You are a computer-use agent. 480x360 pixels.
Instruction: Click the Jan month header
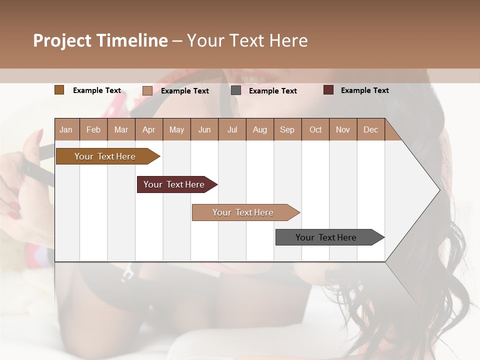66,129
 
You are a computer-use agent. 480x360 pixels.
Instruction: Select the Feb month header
93,129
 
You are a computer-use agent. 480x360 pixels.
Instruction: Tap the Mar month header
121,129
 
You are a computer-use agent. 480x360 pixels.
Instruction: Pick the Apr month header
149,129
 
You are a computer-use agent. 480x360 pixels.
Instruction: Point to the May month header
176,129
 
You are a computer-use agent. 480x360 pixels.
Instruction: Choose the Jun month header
204,129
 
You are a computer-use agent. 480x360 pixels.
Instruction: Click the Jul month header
232,129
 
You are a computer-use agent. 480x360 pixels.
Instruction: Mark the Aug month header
260,129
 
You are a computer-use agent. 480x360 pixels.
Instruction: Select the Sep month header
287,129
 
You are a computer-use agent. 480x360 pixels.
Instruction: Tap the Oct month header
315,129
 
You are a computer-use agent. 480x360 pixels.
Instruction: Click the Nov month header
343,129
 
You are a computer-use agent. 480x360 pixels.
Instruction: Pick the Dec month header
370,129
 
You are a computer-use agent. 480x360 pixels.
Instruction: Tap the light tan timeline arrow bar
243,212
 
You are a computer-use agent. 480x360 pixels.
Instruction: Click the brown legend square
59,90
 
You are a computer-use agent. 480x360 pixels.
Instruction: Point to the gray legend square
236,90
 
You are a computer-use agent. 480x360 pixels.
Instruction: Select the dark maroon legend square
328,90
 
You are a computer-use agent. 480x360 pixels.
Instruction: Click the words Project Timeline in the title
100,40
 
